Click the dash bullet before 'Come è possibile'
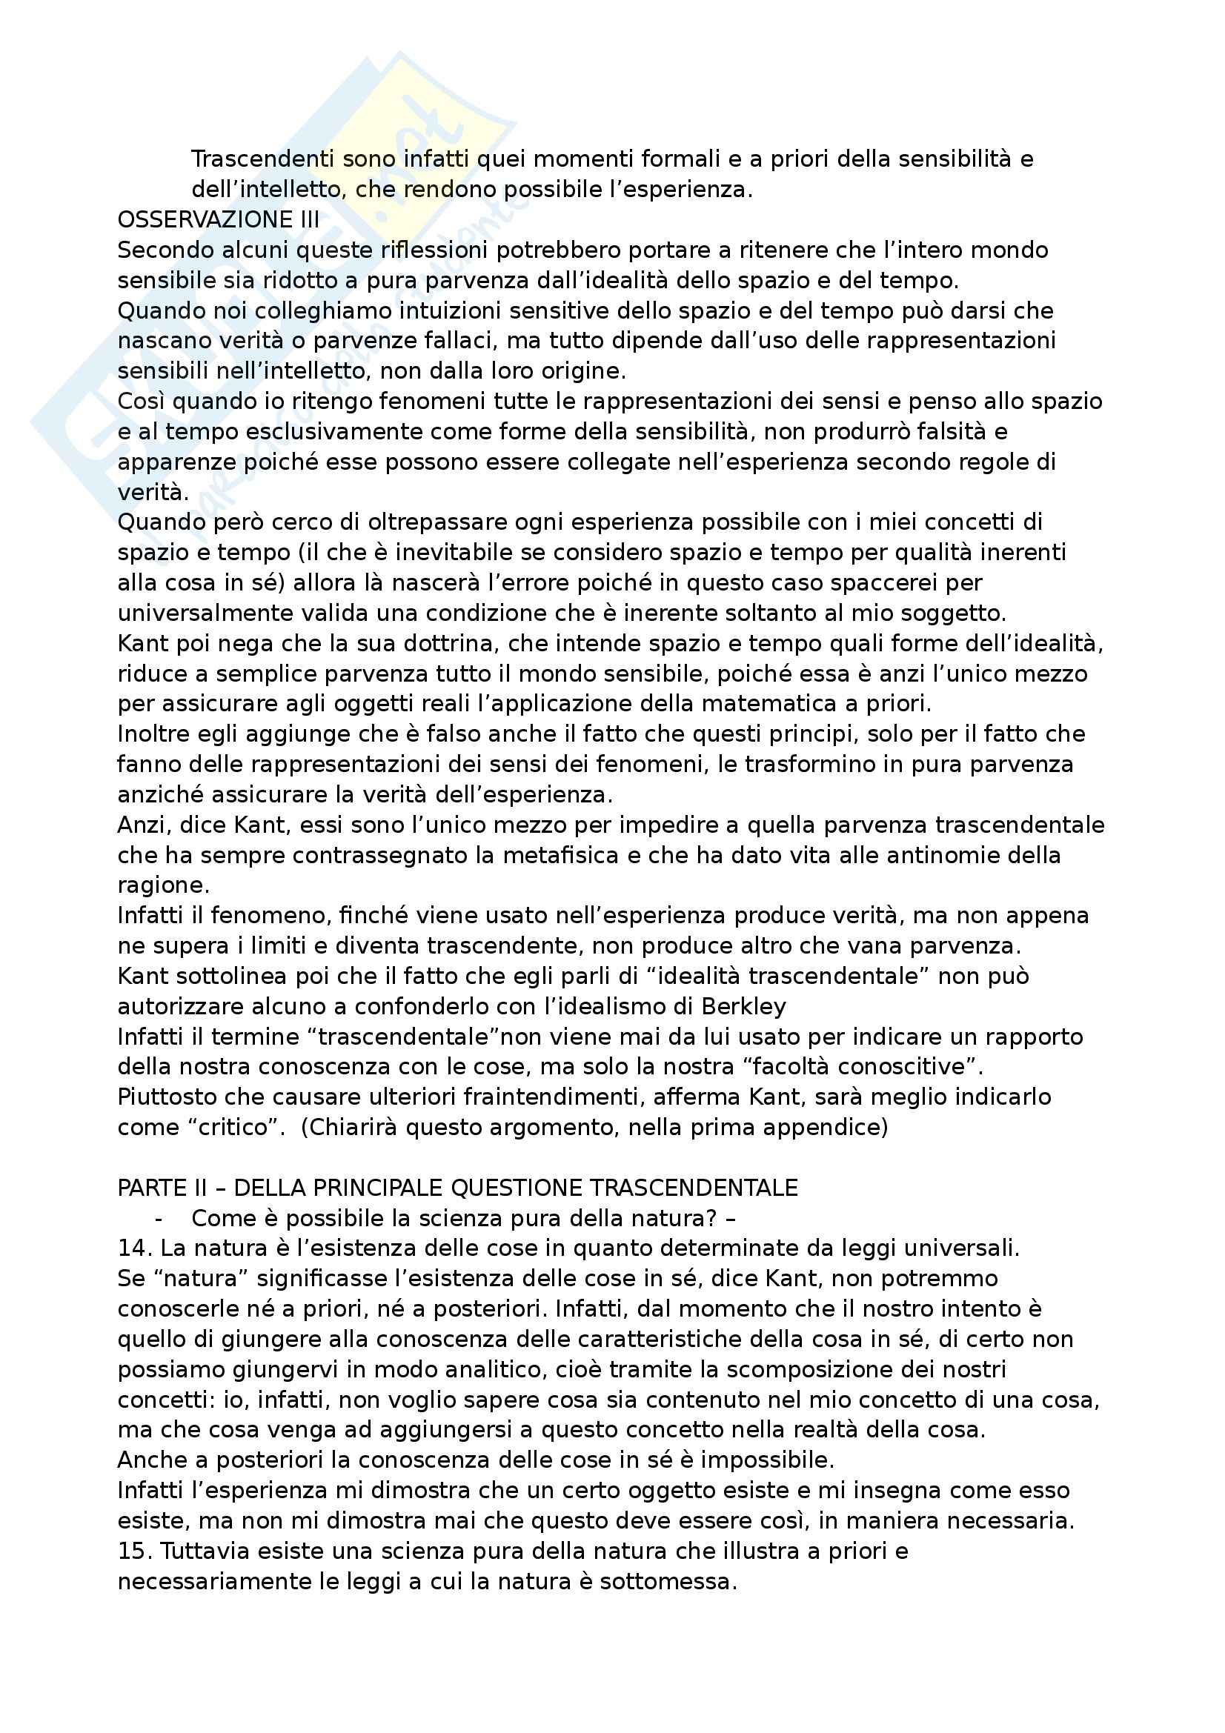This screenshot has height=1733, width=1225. click(159, 1219)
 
